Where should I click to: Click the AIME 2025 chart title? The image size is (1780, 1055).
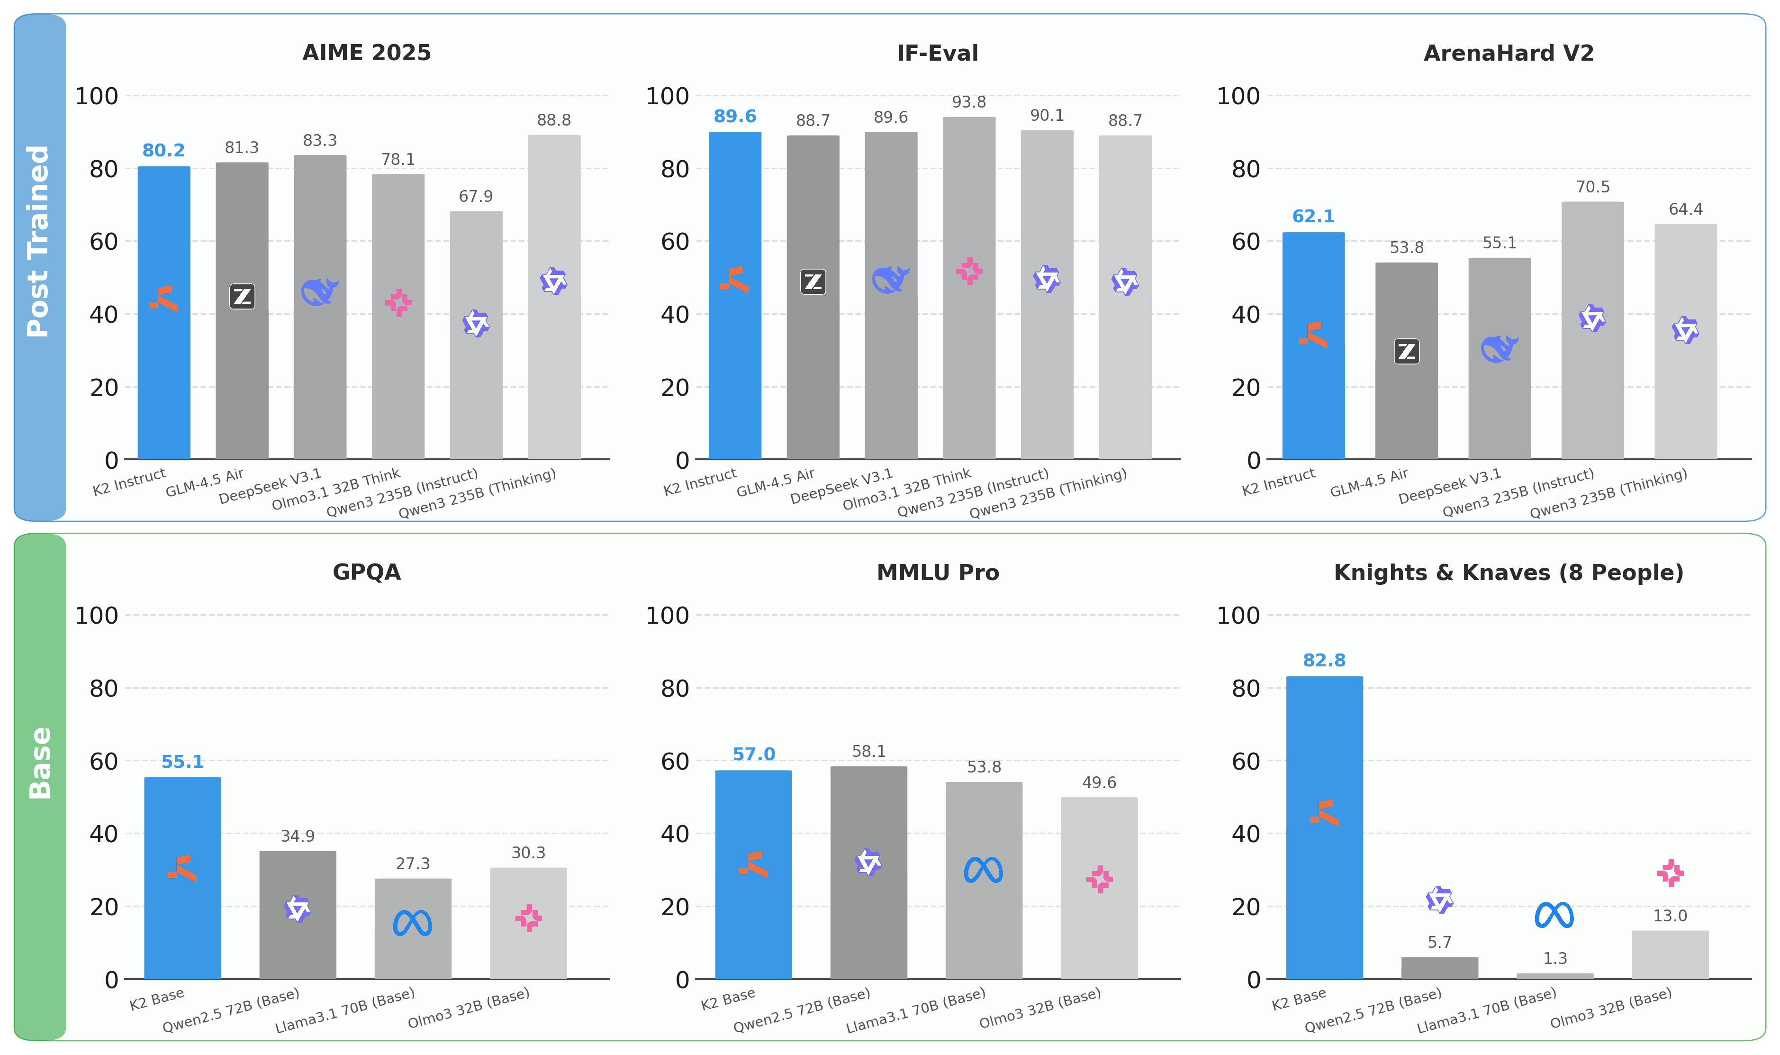tap(367, 53)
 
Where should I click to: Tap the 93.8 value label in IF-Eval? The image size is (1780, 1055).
tap(968, 102)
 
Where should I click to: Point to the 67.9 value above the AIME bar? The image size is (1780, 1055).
tap(475, 196)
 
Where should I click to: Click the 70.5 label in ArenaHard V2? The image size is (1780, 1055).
tap(1592, 187)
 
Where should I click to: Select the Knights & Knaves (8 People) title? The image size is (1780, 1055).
tap(1509, 573)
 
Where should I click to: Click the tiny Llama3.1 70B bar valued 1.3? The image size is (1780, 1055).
tap(1555, 975)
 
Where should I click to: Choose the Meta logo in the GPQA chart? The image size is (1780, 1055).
tap(413, 923)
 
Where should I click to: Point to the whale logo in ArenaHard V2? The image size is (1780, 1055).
tap(1499, 349)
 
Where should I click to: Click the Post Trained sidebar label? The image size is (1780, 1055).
tap(38, 242)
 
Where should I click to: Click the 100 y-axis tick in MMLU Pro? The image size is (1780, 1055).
tap(667, 616)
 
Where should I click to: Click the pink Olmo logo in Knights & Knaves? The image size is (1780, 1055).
tap(1670, 873)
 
